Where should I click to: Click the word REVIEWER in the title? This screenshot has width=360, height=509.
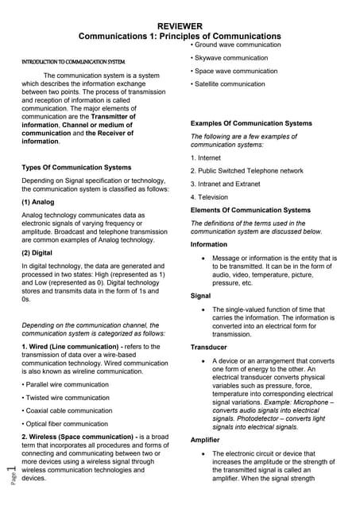pos(180,26)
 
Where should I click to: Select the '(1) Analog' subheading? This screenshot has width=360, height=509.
pos(38,202)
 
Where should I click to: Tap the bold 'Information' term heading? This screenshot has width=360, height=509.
pos(209,244)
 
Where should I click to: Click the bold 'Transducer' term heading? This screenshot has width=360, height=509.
pos(209,348)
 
